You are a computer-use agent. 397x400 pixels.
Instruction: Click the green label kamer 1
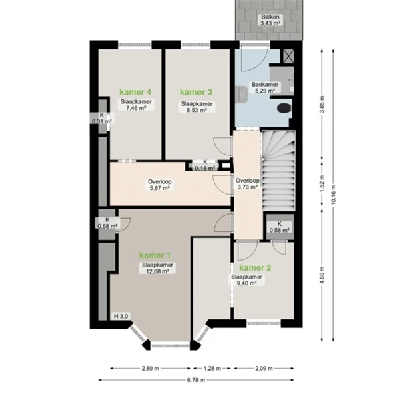155,255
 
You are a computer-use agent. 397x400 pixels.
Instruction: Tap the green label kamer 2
255,268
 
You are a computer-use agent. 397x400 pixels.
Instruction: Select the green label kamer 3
196,92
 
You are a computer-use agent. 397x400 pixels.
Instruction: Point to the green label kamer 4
135,92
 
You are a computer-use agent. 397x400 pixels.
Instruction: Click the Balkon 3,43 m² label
270,20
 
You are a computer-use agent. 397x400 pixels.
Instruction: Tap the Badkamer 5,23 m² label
265,87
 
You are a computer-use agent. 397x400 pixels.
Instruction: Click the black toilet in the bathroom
284,108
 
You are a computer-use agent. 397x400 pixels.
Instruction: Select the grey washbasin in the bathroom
242,94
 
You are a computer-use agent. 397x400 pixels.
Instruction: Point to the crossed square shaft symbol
288,56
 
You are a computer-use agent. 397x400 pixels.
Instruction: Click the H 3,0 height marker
121,316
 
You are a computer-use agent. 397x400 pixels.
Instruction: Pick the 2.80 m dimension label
151,369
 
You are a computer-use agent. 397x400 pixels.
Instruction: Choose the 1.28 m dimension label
212,369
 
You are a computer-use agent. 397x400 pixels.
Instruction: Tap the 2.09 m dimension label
264,369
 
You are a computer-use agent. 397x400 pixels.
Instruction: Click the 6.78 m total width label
196,380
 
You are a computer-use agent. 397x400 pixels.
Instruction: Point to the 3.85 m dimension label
322,104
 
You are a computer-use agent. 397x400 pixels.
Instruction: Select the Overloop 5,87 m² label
160,185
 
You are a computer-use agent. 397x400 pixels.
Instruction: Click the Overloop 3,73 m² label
248,184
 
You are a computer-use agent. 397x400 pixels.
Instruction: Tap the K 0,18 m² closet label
205,165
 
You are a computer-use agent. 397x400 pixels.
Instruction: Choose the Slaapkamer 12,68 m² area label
157,268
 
